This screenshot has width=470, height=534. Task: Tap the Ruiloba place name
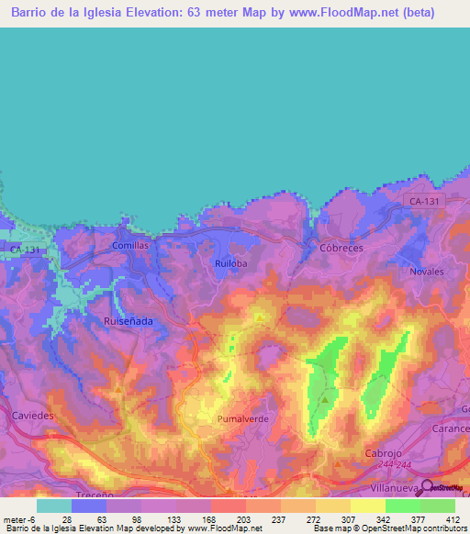point(231,263)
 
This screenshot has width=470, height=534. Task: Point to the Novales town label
point(427,272)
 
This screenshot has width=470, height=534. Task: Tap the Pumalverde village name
point(242,418)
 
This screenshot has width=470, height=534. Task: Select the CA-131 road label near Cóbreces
point(423,199)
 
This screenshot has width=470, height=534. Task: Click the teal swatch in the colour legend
point(53,506)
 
